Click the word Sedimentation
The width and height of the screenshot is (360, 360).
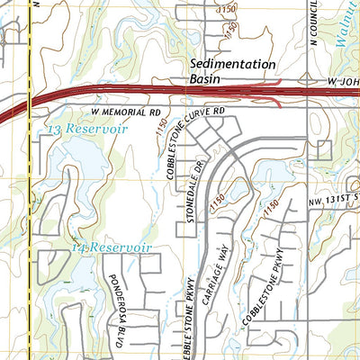233,64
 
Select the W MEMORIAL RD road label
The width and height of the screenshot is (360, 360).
127,113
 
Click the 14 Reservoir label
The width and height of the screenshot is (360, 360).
112,246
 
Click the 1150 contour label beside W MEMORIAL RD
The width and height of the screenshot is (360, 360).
161,132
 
